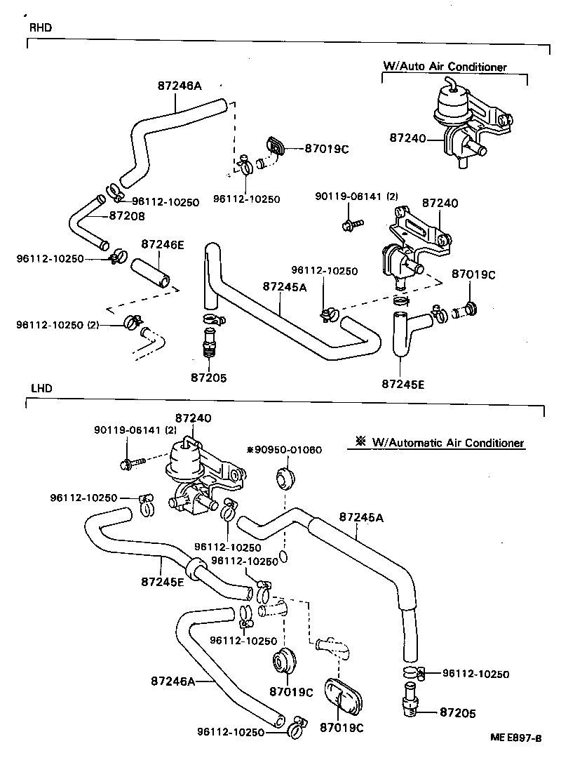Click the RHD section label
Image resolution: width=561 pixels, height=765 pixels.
click(40, 28)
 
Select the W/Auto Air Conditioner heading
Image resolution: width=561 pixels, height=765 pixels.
click(445, 67)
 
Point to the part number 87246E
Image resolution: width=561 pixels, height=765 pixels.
click(162, 244)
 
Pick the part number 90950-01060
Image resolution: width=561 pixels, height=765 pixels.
click(284, 449)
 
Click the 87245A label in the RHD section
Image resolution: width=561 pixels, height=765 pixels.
click(285, 286)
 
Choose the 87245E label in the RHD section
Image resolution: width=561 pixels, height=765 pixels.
click(403, 384)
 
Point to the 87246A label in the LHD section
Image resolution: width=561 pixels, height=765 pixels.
click(172, 680)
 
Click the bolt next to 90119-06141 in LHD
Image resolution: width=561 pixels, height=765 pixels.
click(133, 464)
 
